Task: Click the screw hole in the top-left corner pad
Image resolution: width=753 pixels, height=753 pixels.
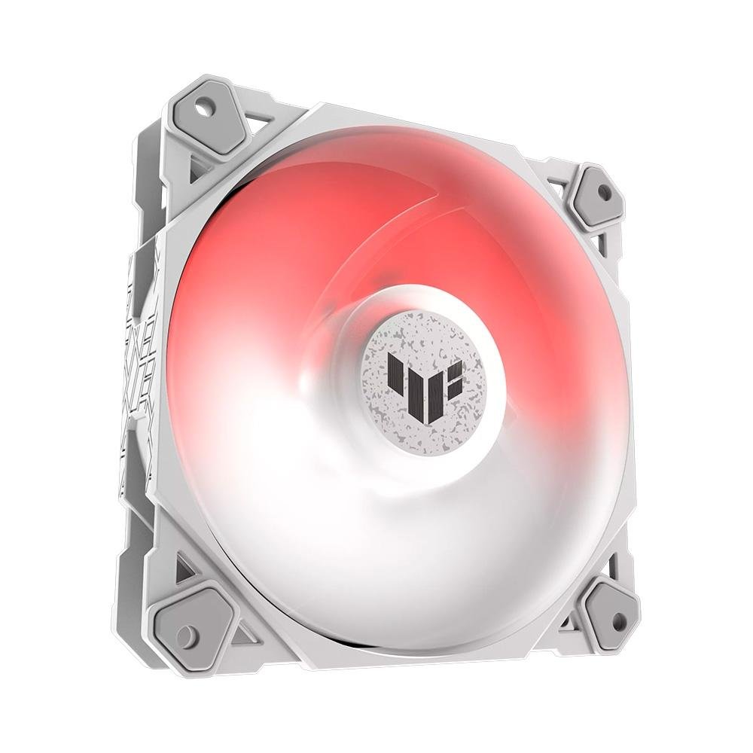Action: pos(203,108)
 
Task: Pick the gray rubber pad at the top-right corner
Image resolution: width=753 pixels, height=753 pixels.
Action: pos(596,197)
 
